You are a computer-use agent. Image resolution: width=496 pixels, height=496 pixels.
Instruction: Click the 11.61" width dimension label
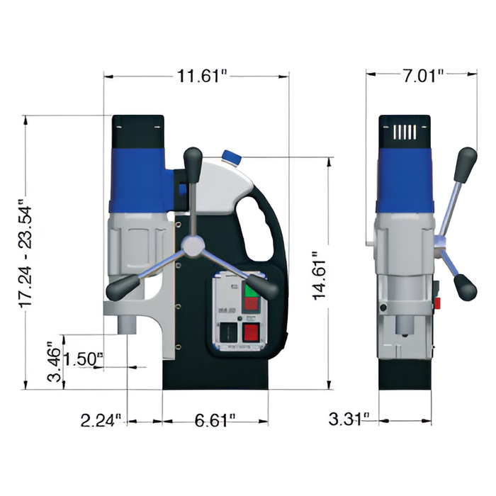pyautogui.click(x=203, y=77)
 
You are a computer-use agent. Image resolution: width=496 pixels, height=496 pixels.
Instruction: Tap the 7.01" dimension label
pyautogui.click(x=423, y=76)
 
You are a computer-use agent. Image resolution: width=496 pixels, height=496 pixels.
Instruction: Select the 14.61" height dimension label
pyautogui.click(x=319, y=276)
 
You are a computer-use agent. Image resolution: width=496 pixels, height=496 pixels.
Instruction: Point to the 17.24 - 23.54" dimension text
pyautogui.click(x=26, y=253)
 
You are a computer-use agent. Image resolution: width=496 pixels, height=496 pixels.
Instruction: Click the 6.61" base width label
pyautogui.click(x=215, y=420)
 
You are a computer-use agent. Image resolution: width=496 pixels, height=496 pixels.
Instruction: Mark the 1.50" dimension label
pyautogui.click(x=84, y=359)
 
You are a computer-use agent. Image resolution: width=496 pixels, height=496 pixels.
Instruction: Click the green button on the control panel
pyautogui.click(x=251, y=289)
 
